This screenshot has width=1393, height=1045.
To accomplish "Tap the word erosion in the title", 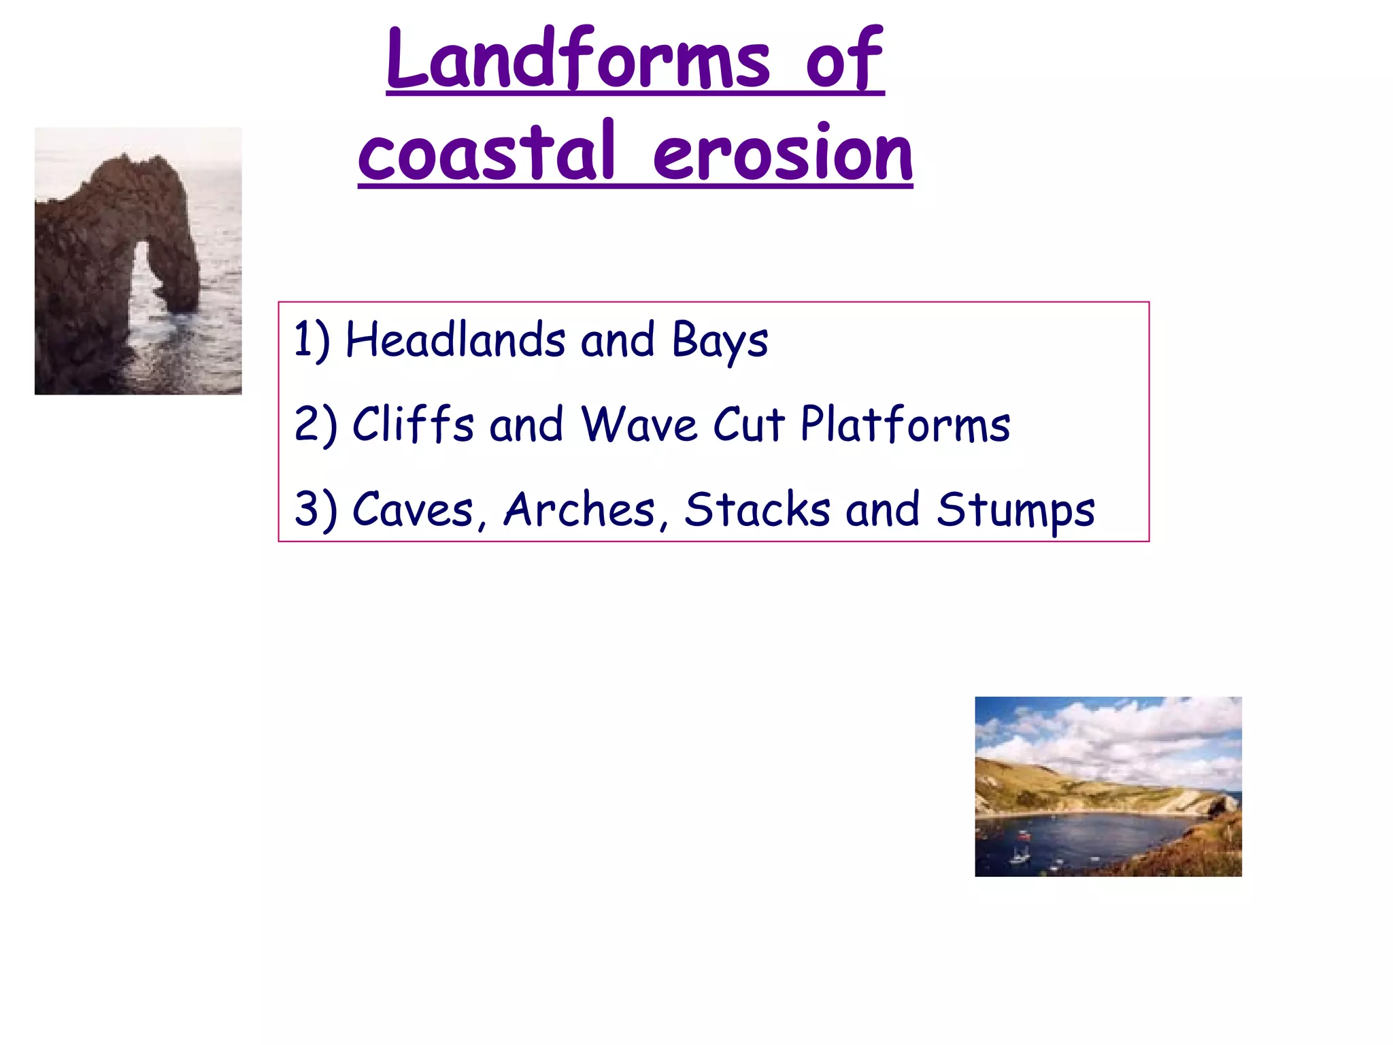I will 782,154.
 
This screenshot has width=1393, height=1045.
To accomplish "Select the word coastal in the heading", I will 487,154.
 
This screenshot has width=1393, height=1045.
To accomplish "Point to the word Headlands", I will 455,339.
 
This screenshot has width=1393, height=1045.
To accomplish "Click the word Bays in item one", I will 720,341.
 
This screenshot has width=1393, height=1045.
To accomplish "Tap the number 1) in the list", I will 312,339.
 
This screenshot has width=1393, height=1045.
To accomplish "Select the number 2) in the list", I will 315,425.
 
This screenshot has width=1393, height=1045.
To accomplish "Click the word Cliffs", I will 413,425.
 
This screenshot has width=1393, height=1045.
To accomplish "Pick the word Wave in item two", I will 639,425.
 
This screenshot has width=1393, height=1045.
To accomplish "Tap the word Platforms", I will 905,425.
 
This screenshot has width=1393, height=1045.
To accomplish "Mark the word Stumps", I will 1016,510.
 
